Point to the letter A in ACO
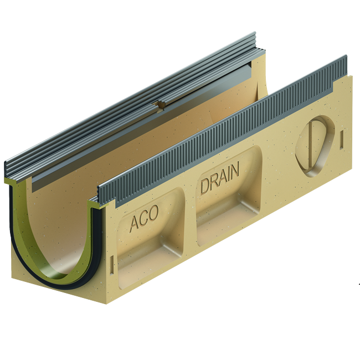134,224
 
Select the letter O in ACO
153,214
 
